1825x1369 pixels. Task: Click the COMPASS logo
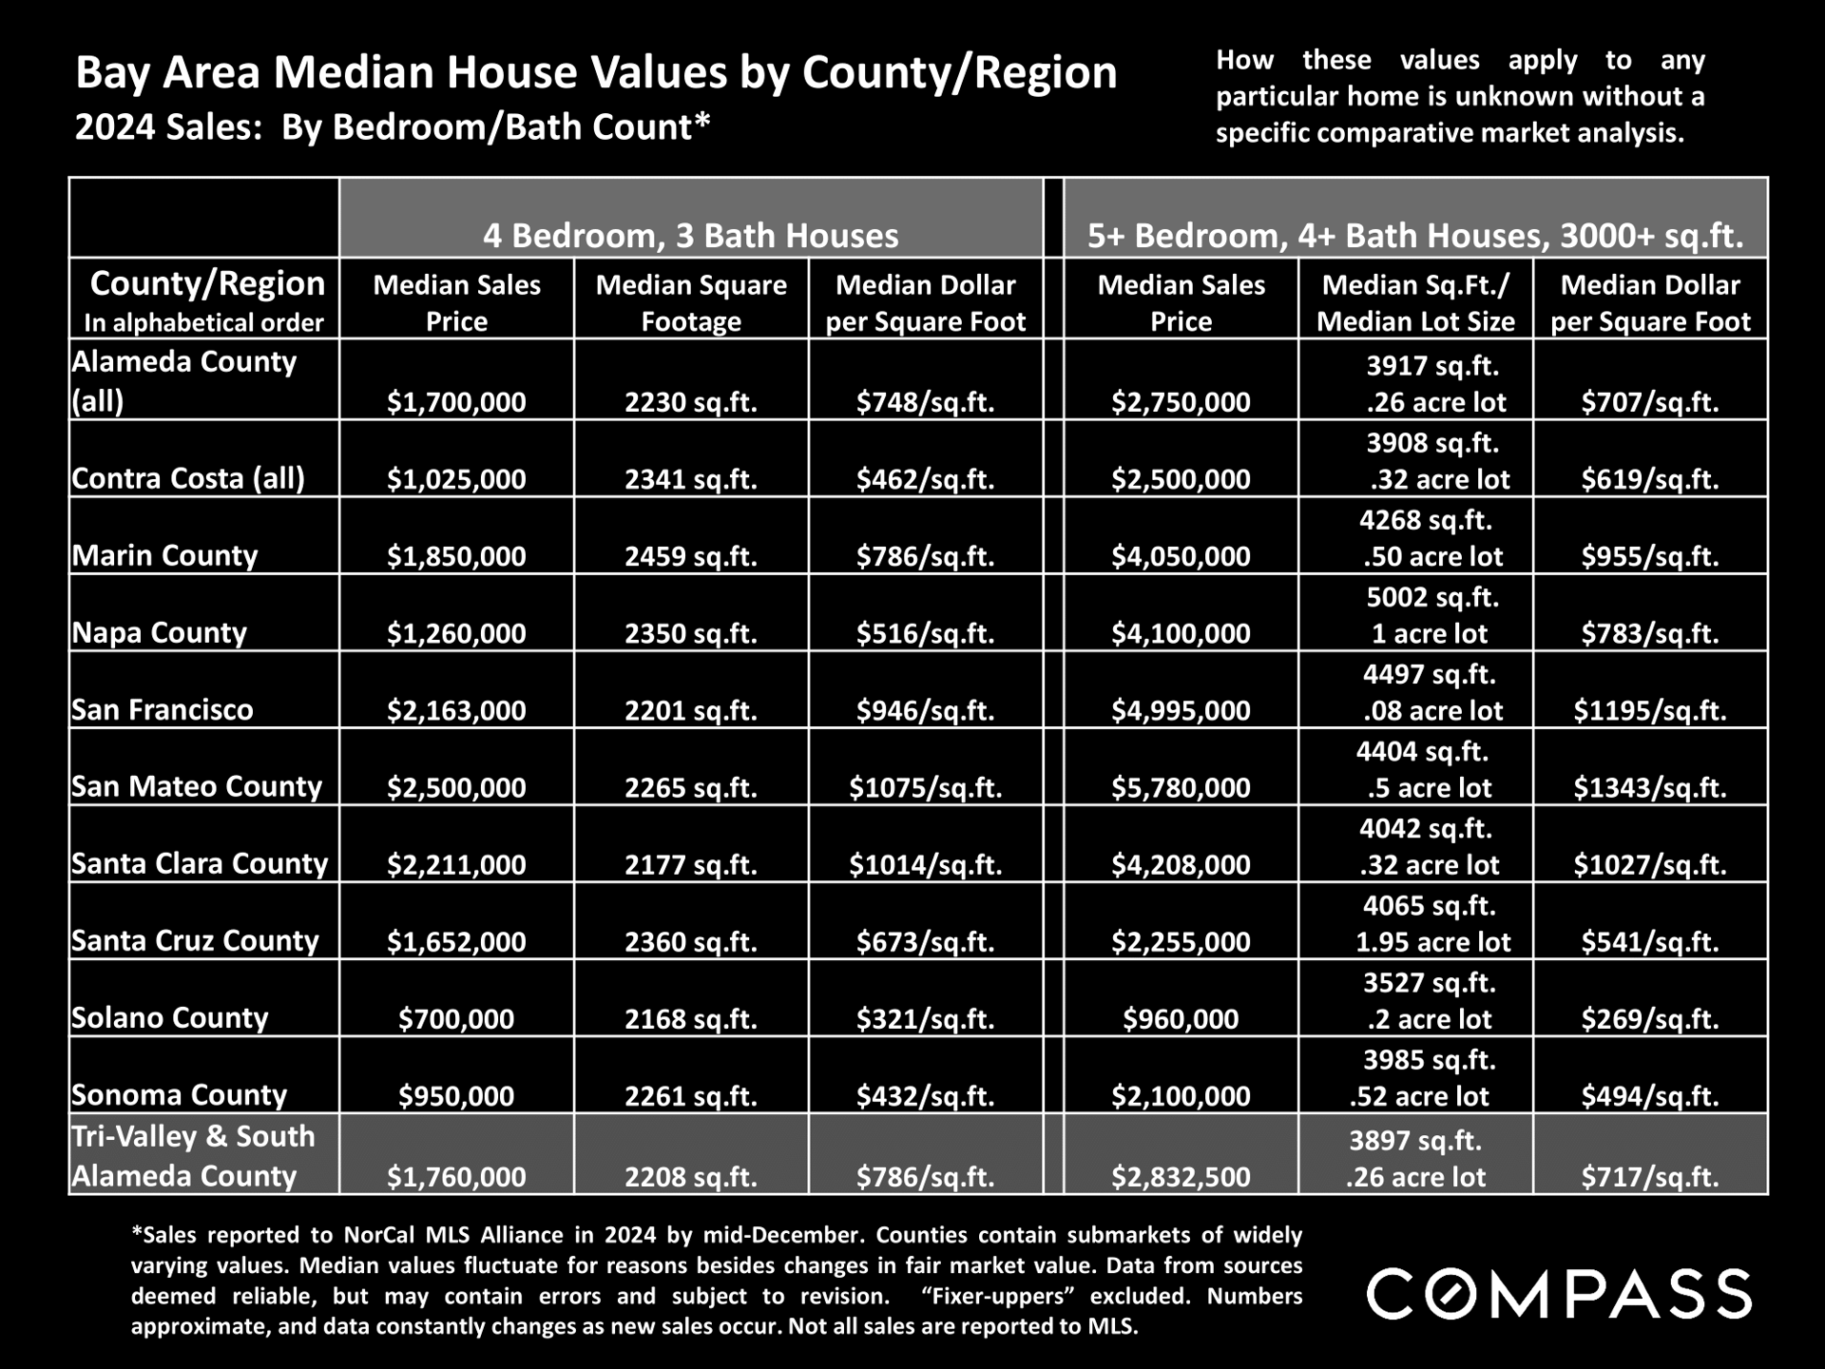coord(1559,1294)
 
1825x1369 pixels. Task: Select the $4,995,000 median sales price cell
coord(1181,710)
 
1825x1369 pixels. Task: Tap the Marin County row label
coord(164,555)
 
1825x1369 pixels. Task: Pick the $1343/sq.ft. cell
coord(1649,787)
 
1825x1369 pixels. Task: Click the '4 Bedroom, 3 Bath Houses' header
coord(691,235)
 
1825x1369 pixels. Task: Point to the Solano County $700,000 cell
coord(456,1018)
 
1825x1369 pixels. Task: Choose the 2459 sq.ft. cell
coord(691,556)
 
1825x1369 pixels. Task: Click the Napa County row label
coord(159,632)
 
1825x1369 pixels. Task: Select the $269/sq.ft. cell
coord(1650,1018)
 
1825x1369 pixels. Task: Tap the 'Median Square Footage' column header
coord(691,303)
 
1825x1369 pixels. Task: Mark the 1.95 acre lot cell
coord(1432,941)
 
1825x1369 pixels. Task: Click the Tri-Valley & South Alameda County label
coord(193,1156)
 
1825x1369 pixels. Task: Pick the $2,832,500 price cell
coord(1181,1177)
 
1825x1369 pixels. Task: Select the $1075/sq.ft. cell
coord(926,787)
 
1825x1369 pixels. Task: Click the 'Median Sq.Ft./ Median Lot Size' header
coord(1415,303)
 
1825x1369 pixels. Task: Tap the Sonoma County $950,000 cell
coord(456,1095)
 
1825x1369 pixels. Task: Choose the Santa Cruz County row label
coord(195,940)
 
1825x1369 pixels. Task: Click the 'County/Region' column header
coord(207,283)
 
